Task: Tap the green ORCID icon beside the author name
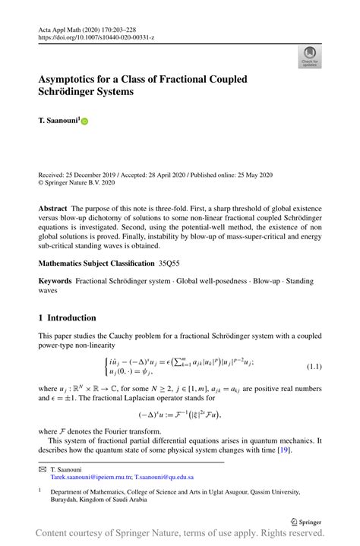85,122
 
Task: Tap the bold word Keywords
56,282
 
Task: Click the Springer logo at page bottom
304,522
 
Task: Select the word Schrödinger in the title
74,93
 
